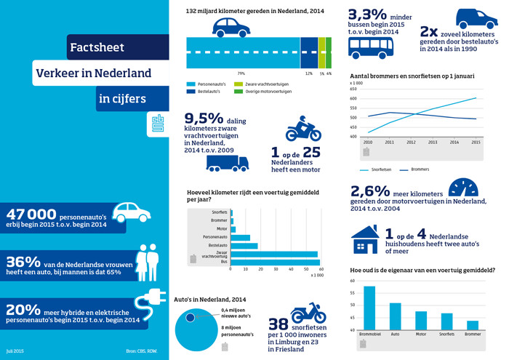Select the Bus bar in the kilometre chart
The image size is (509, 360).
click(x=276, y=263)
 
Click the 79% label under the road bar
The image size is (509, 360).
click(x=241, y=73)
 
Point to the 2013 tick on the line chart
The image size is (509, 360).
click(x=433, y=143)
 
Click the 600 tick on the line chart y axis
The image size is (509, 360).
click(x=353, y=98)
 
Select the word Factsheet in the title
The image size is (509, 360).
click(x=97, y=48)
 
